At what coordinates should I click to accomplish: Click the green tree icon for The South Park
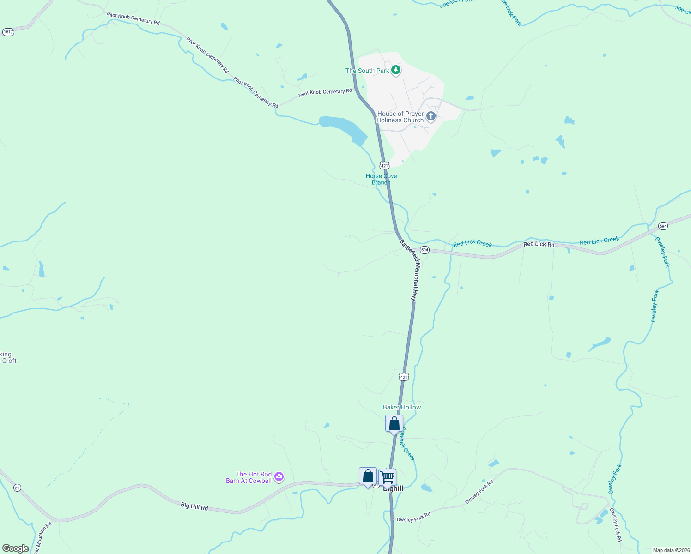tap(395, 70)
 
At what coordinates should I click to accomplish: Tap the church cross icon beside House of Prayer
tap(431, 116)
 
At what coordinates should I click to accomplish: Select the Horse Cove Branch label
tap(381, 179)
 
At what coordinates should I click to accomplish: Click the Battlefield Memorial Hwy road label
tap(409, 270)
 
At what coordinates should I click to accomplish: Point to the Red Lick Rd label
tap(539, 244)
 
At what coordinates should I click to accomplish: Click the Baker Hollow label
tap(402, 407)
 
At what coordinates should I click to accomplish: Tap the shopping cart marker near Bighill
tap(388, 477)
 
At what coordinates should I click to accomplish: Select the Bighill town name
tap(393, 488)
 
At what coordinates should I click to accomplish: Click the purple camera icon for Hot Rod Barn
tap(279, 477)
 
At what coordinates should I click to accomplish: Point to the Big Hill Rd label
tap(194, 506)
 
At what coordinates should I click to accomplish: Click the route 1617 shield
tap(8, 32)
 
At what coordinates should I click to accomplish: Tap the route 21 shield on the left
tap(17, 488)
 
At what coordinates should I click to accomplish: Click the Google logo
tap(15, 548)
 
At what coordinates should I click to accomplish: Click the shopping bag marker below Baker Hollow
tap(394, 423)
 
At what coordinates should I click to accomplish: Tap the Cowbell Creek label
tap(407, 444)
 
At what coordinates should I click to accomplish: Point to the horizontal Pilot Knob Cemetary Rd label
tap(325, 92)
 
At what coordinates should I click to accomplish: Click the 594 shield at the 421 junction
tap(424, 250)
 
